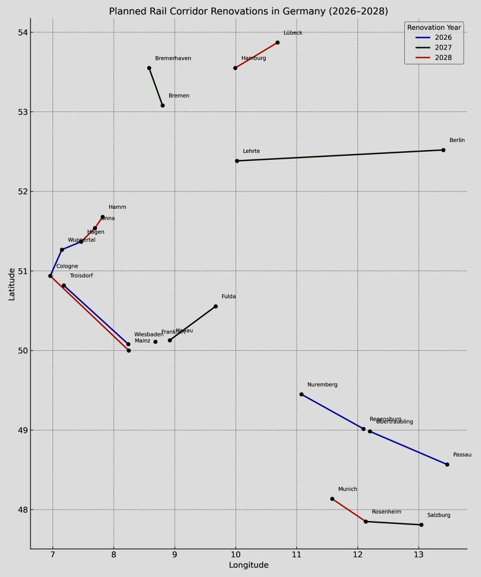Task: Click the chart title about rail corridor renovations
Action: click(x=248, y=12)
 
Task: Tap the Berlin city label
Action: click(x=457, y=140)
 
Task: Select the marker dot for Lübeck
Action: click(x=277, y=43)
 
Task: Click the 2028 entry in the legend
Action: click(x=443, y=58)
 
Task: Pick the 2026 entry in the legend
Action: click(x=443, y=38)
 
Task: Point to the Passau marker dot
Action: click(x=447, y=464)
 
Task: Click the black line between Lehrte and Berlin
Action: click(x=341, y=155)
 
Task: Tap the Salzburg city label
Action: click(x=439, y=515)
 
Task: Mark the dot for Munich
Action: click(x=332, y=499)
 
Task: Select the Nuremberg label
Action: click(x=322, y=385)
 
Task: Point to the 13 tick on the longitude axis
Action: click(x=419, y=556)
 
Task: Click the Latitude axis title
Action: click(x=12, y=284)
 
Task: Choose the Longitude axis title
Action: click(x=248, y=565)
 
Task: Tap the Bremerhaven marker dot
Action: click(x=149, y=68)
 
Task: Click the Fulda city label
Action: click(x=229, y=297)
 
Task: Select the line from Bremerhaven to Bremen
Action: click(x=156, y=87)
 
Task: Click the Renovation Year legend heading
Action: click(x=434, y=28)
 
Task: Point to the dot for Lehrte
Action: click(x=237, y=161)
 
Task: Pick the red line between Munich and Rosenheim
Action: click(x=349, y=510)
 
